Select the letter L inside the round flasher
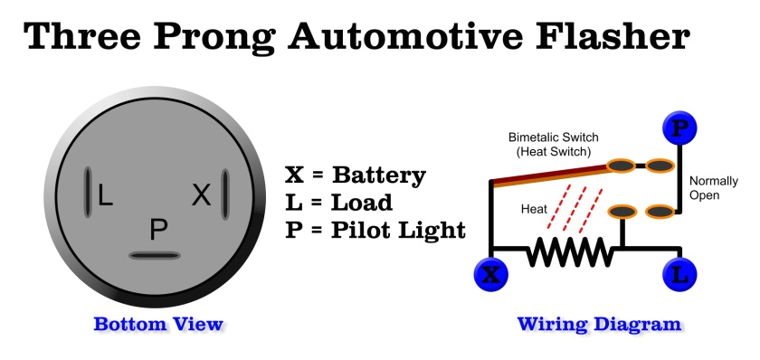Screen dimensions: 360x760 click(x=106, y=194)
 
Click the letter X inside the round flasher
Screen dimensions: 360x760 click(x=202, y=194)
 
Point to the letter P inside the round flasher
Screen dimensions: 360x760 click(x=158, y=231)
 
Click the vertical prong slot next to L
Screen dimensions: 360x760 click(x=88, y=193)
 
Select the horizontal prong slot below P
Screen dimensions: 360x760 click(x=157, y=256)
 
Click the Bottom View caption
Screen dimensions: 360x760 click(x=158, y=324)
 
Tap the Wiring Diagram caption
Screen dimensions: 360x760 click(x=599, y=324)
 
